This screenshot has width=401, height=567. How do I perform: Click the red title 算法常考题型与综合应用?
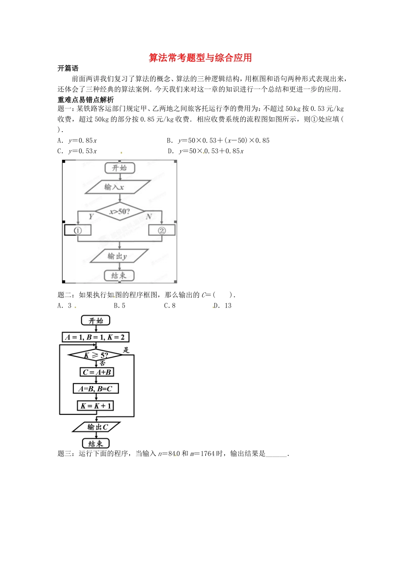(x=200, y=58)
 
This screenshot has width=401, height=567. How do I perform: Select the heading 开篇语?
(x=68, y=68)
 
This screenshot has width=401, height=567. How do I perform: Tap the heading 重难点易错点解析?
(x=86, y=100)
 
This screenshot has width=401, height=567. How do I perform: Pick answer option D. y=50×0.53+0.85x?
(x=206, y=151)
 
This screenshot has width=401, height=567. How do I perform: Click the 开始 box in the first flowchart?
(x=119, y=168)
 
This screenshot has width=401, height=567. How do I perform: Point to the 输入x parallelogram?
(x=118, y=187)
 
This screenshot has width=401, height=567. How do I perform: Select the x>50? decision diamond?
(x=120, y=211)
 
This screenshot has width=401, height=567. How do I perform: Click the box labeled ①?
(x=78, y=230)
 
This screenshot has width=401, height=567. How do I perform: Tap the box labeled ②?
(x=162, y=230)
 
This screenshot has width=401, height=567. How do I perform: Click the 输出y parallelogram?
(x=119, y=256)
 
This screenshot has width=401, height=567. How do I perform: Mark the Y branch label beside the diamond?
(x=91, y=217)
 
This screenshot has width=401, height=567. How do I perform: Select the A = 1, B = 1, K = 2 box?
(x=95, y=337)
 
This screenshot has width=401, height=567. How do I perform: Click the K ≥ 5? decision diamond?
(x=95, y=355)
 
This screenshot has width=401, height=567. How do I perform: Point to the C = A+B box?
(x=97, y=372)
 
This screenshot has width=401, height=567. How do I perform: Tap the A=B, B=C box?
(x=95, y=389)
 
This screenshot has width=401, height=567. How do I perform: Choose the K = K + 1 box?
(x=96, y=406)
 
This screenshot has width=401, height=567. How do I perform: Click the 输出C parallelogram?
(x=97, y=427)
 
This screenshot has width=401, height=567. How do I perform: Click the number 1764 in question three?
(x=207, y=454)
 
